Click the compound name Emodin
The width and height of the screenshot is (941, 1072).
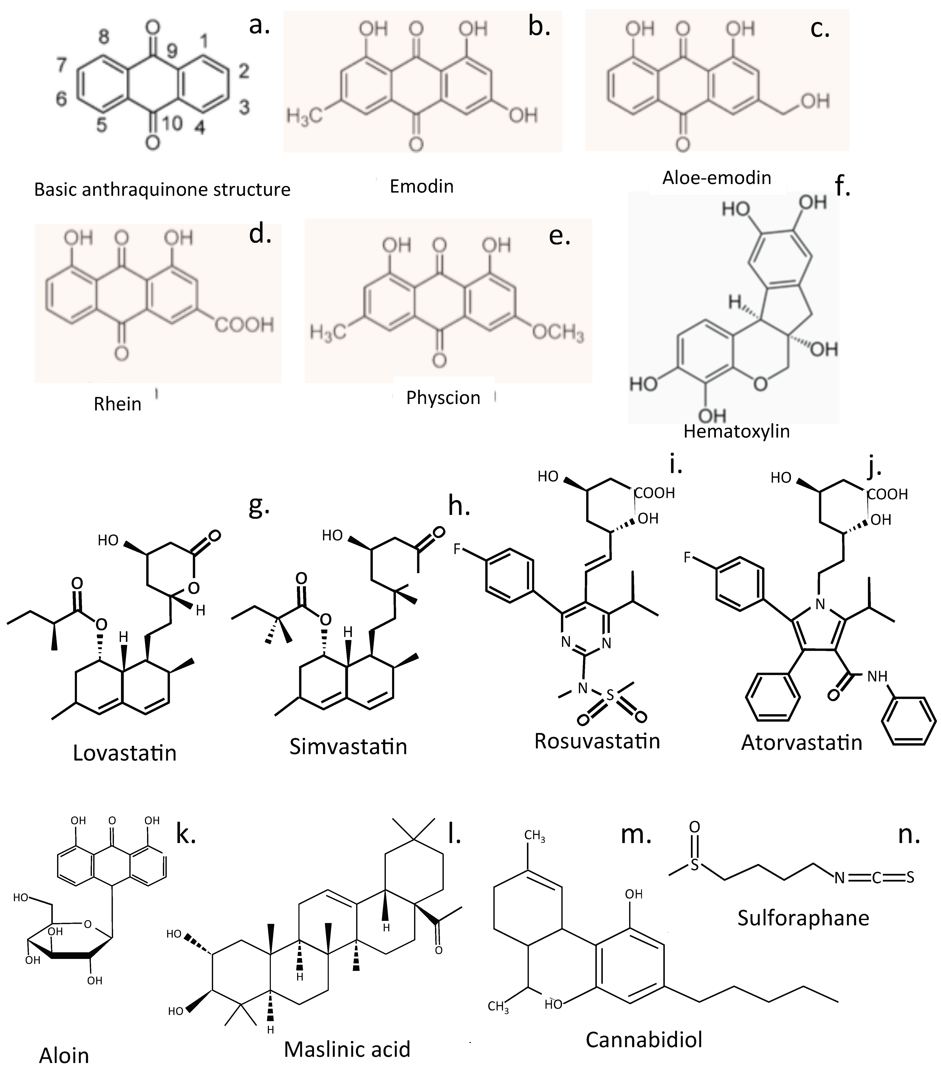click(x=421, y=186)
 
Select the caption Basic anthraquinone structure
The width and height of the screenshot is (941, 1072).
click(x=162, y=189)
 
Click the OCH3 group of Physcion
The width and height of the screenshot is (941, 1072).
click(x=558, y=333)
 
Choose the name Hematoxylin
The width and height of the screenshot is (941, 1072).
click(x=736, y=431)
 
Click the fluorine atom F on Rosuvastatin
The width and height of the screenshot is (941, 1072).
click(x=457, y=549)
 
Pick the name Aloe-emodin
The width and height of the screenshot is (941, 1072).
click(x=717, y=178)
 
